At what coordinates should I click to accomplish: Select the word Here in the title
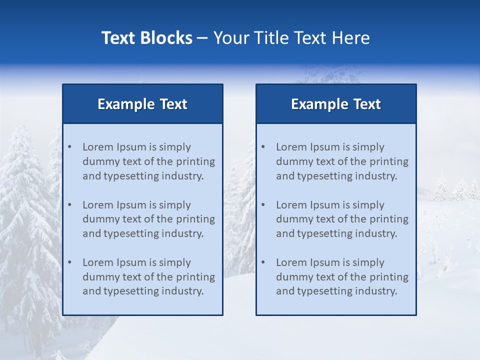click(x=352, y=38)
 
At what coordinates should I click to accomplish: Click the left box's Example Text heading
click(x=142, y=104)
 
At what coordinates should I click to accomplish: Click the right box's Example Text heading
click(x=336, y=104)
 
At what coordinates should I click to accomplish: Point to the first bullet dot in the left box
click(x=70, y=147)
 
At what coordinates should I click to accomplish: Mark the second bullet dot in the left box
click(x=70, y=205)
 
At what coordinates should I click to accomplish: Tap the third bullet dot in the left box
click(x=70, y=262)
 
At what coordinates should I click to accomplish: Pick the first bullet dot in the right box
click(x=263, y=147)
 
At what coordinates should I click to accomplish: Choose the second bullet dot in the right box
click(x=263, y=205)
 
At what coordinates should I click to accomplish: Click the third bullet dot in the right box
click(x=263, y=262)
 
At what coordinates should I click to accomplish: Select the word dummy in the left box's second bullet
click(x=99, y=219)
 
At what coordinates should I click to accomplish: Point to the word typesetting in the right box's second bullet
click(x=326, y=233)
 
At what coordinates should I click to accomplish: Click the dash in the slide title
click(x=202, y=38)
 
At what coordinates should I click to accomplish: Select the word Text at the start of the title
click(x=118, y=38)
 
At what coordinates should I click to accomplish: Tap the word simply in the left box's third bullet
click(x=174, y=262)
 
